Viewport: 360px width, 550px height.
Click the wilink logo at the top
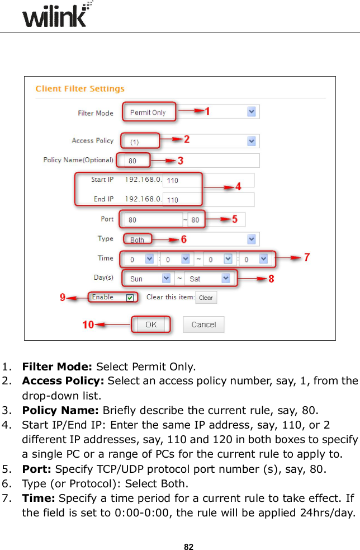(x=56, y=16)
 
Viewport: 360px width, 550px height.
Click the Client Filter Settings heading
(x=80, y=89)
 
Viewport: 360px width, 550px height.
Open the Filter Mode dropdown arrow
(x=252, y=112)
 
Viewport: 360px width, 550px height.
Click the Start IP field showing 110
(x=182, y=180)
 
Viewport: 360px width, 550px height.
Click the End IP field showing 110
(x=182, y=200)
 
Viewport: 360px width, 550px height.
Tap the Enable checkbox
(x=130, y=298)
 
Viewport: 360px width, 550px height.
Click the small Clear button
(x=206, y=298)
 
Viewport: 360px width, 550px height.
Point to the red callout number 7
(x=307, y=257)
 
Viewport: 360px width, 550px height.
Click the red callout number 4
(x=238, y=187)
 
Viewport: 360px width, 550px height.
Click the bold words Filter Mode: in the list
(x=58, y=368)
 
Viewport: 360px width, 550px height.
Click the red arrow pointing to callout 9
(x=77, y=298)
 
